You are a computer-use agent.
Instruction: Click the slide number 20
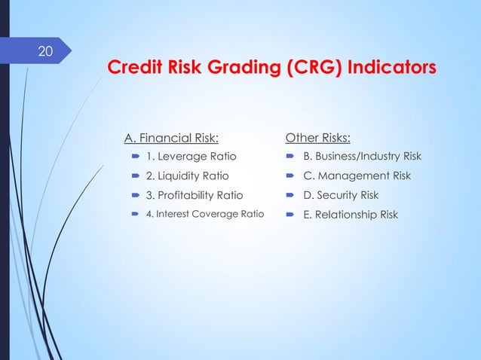(x=46, y=52)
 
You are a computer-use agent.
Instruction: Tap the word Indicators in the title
(x=395, y=69)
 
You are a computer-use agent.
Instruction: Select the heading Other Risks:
(x=317, y=137)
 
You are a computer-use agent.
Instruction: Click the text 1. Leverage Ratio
(x=191, y=157)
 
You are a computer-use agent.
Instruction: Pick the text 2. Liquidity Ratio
(x=188, y=176)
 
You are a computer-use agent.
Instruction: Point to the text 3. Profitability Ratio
(x=195, y=195)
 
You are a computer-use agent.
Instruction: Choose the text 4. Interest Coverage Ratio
(x=205, y=215)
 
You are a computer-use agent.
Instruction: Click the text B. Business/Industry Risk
(x=362, y=157)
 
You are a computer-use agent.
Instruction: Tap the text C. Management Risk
(x=357, y=176)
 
